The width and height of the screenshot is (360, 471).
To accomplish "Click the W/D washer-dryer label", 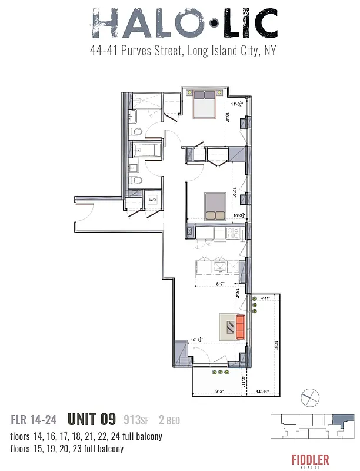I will tap(152, 200).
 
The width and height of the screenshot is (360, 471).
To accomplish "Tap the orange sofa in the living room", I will tap(239, 327).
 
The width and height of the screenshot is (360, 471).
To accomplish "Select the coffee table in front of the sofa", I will tap(227, 327).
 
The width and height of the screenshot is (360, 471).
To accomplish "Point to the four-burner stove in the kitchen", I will tap(232, 234).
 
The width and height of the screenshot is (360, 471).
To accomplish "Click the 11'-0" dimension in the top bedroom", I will tap(237, 104).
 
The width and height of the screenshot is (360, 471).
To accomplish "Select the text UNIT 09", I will tap(91, 419).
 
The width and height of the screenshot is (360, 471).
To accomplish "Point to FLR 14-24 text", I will tap(34, 420).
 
